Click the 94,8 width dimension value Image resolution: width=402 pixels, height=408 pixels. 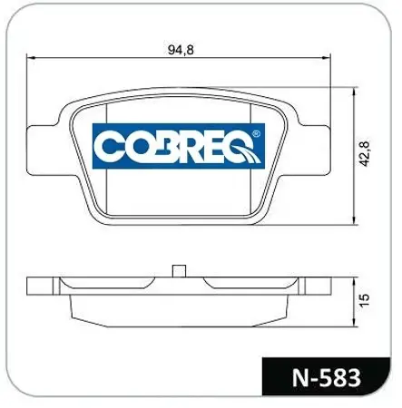pyautogui.click(x=181, y=50)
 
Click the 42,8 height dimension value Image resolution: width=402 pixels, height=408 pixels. pyautogui.click(x=364, y=153)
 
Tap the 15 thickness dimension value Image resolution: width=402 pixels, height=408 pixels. pyautogui.click(x=364, y=300)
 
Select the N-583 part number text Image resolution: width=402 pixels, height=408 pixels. pyautogui.click(x=327, y=377)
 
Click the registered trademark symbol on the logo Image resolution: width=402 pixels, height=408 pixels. pyautogui.click(x=256, y=133)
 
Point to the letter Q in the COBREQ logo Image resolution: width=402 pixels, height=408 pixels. pyautogui.click(x=242, y=147)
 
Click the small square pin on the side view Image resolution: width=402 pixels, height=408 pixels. pyautogui.click(x=179, y=271)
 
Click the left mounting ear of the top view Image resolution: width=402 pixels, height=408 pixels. pyautogui.click(x=43, y=151)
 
